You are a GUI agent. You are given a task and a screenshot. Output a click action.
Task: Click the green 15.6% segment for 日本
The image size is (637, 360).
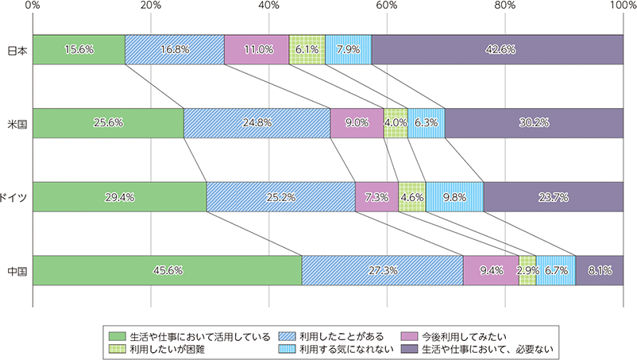pos(79,49)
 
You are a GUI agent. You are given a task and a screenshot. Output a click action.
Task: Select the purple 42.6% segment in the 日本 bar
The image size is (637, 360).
pos(497,49)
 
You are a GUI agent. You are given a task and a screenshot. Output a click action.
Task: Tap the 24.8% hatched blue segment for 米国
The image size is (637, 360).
pos(257,123)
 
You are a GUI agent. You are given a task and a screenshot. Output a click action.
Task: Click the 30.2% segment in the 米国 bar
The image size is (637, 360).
pos(534,123)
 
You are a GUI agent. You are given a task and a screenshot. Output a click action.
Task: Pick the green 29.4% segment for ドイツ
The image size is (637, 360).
pos(119,196)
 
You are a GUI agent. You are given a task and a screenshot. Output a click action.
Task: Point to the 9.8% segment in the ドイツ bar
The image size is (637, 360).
pos(454,196)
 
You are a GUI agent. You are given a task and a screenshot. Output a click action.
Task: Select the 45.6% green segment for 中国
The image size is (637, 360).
pos(167,270)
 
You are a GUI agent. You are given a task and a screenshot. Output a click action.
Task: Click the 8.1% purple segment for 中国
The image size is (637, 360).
pos(599,270)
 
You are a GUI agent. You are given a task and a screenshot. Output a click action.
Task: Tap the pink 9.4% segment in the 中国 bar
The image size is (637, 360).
pos(491,270)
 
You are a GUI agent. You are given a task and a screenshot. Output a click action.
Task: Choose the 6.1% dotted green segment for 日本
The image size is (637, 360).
pos(307,49)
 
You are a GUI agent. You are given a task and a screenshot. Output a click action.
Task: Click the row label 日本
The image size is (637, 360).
pos(17,49)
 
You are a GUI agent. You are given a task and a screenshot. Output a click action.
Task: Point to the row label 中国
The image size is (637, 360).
pos(17,270)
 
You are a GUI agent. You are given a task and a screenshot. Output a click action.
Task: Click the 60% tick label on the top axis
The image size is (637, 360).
pos(387,6)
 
